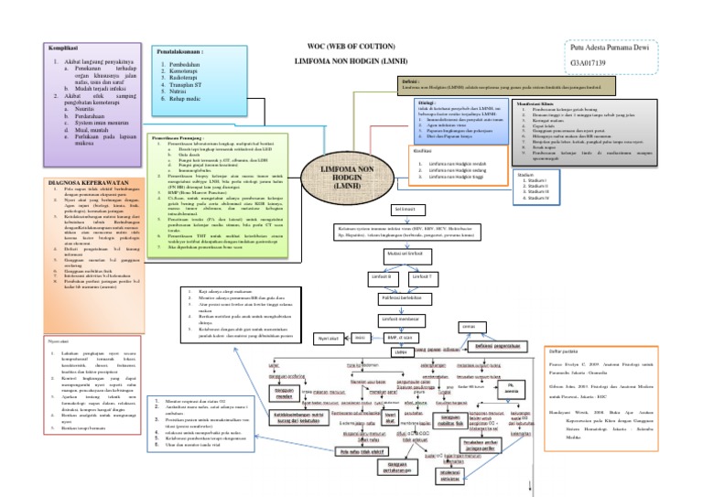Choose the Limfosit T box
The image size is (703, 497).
(422, 275)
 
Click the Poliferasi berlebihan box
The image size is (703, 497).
(406, 297)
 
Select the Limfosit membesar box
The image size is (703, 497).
(405, 319)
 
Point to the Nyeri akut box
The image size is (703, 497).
(329, 339)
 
